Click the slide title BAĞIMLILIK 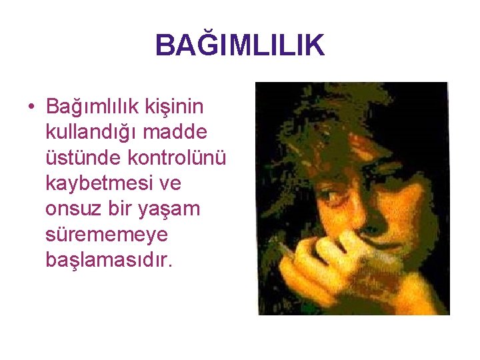[x=239, y=46]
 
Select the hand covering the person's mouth [x=333, y=260]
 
